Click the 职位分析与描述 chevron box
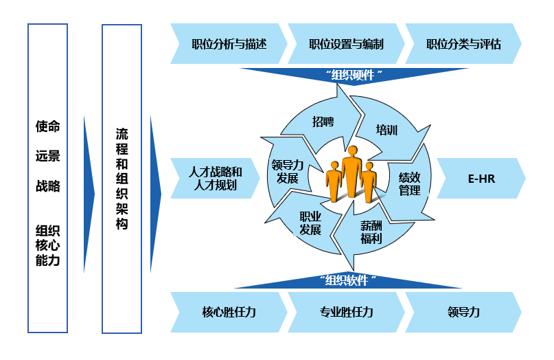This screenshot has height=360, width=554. (229, 45)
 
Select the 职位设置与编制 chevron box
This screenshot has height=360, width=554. (346, 45)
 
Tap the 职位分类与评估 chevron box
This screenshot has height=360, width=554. (463, 45)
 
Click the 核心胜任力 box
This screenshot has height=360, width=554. (229, 312)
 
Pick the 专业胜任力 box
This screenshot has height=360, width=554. (346, 312)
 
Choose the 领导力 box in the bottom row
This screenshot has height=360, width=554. (463, 312)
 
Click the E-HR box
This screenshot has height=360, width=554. (481, 178)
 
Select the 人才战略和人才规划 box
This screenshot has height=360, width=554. (216, 178)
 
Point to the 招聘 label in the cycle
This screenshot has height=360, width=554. (323, 122)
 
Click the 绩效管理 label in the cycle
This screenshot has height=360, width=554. (410, 183)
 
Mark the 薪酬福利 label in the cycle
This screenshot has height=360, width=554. (371, 232)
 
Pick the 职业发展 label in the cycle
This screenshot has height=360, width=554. (310, 223)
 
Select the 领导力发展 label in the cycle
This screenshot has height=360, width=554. (287, 172)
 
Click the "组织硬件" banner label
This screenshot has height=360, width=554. (353, 75)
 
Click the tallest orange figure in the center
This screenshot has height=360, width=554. (352, 172)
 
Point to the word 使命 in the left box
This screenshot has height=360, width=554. (48, 126)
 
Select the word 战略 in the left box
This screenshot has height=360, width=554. (48, 186)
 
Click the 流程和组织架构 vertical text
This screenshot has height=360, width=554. (122, 178)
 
